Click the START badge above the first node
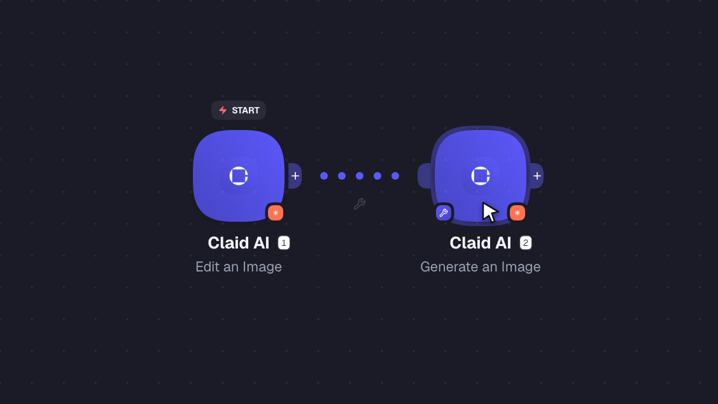click(239, 110)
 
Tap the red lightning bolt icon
click(223, 110)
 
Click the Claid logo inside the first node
click(239, 176)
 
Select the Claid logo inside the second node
click(481, 176)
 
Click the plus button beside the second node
click(537, 176)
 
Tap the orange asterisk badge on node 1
click(275, 213)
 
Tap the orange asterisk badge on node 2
click(517, 213)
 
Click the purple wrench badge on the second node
click(443, 213)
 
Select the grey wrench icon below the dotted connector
click(360, 204)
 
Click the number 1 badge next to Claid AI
click(284, 243)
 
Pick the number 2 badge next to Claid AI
click(526, 243)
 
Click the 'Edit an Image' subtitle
click(239, 267)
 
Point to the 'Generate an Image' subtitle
click(481, 267)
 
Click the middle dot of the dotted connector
click(360, 176)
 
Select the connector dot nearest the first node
click(324, 176)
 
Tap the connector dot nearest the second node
click(395, 176)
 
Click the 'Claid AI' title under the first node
click(239, 243)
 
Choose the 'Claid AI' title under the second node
click(481, 243)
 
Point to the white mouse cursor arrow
click(489, 212)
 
